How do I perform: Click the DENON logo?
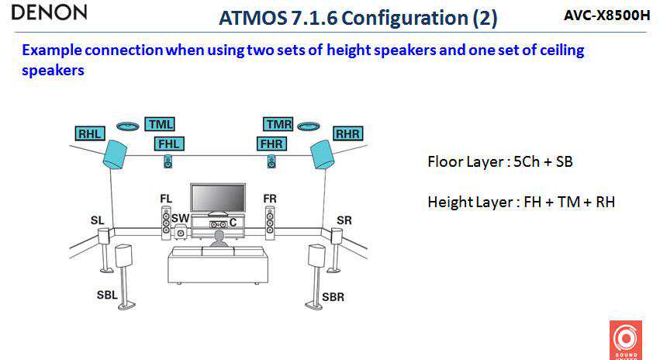(x=50, y=12)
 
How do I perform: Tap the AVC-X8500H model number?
(x=606, y=15)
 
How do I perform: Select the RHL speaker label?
(x=90, y=133)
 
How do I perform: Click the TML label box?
(x=160, y=124)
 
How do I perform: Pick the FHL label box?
(x=168, y=144)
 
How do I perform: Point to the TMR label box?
(x=278, y=124)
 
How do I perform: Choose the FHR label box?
(x=271, y=144)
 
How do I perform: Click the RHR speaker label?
(x=347, y=133)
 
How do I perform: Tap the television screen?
(x=218, y=197)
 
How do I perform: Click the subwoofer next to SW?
(x=181, y=232)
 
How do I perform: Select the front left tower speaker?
(x=166, y=222)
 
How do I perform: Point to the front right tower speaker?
(x=269, y=222)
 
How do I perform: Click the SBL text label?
(x=108, y=296)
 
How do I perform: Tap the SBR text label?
(x=333, y=296)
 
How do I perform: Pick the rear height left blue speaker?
(x=115, y=154)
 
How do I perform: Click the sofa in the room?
(x=218, y=264)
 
